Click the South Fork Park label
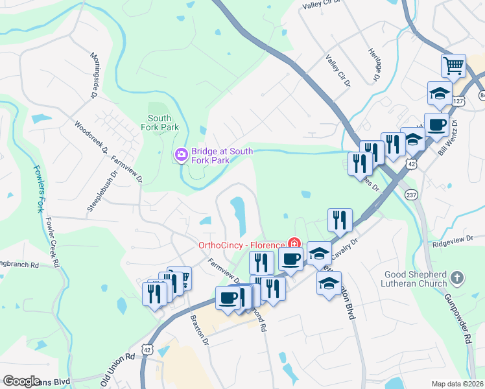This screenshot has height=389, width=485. [160, 123]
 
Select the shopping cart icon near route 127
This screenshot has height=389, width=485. [453, 65]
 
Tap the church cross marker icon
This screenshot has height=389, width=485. [458, 279]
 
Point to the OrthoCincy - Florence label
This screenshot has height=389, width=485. [241, 245]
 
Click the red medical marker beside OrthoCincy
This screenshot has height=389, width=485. [294, 244]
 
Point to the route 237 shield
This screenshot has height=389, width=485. [410, 194]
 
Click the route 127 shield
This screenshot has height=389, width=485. [457, 101]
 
